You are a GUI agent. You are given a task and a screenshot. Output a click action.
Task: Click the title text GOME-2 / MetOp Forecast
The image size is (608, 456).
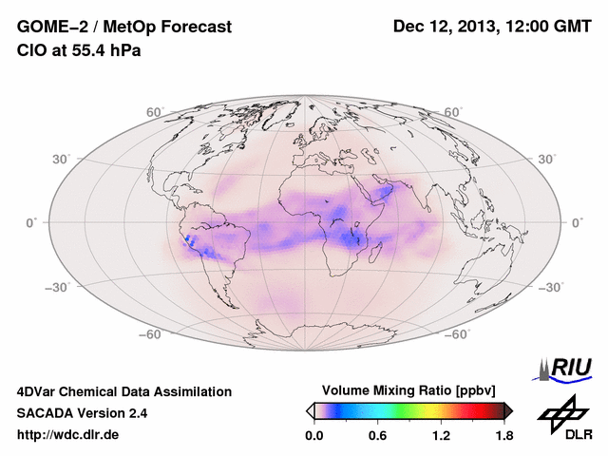coord(124,28)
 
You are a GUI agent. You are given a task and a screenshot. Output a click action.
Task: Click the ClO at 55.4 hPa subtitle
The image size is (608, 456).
coord(79,50)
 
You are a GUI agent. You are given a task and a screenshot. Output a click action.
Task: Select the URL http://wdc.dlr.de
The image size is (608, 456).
coord(68,435)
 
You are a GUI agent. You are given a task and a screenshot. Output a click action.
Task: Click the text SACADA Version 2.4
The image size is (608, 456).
coord(82,413)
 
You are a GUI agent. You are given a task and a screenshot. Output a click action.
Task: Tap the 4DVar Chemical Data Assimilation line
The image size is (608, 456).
coord(124,391)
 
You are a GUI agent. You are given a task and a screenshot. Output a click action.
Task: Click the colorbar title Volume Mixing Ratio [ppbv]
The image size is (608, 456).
coord(409,390)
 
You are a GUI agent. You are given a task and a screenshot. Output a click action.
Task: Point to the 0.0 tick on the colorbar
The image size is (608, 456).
coord(313,435)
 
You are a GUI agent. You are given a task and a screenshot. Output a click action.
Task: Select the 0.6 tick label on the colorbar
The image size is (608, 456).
coord(377,435)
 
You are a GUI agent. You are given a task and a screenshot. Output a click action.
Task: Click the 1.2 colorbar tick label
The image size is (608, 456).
coord(441,435)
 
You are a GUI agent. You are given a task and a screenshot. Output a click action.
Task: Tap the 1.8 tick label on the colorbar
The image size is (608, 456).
coord(503,435)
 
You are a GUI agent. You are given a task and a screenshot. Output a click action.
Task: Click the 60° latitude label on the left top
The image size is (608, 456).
coord(155,112)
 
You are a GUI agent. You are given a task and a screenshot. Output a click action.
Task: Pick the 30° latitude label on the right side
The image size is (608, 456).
coord(548,158)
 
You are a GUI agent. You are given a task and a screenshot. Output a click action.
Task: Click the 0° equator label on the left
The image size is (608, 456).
coord(30,221)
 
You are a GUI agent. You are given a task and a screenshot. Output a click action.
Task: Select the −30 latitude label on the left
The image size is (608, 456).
coord(56,286)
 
